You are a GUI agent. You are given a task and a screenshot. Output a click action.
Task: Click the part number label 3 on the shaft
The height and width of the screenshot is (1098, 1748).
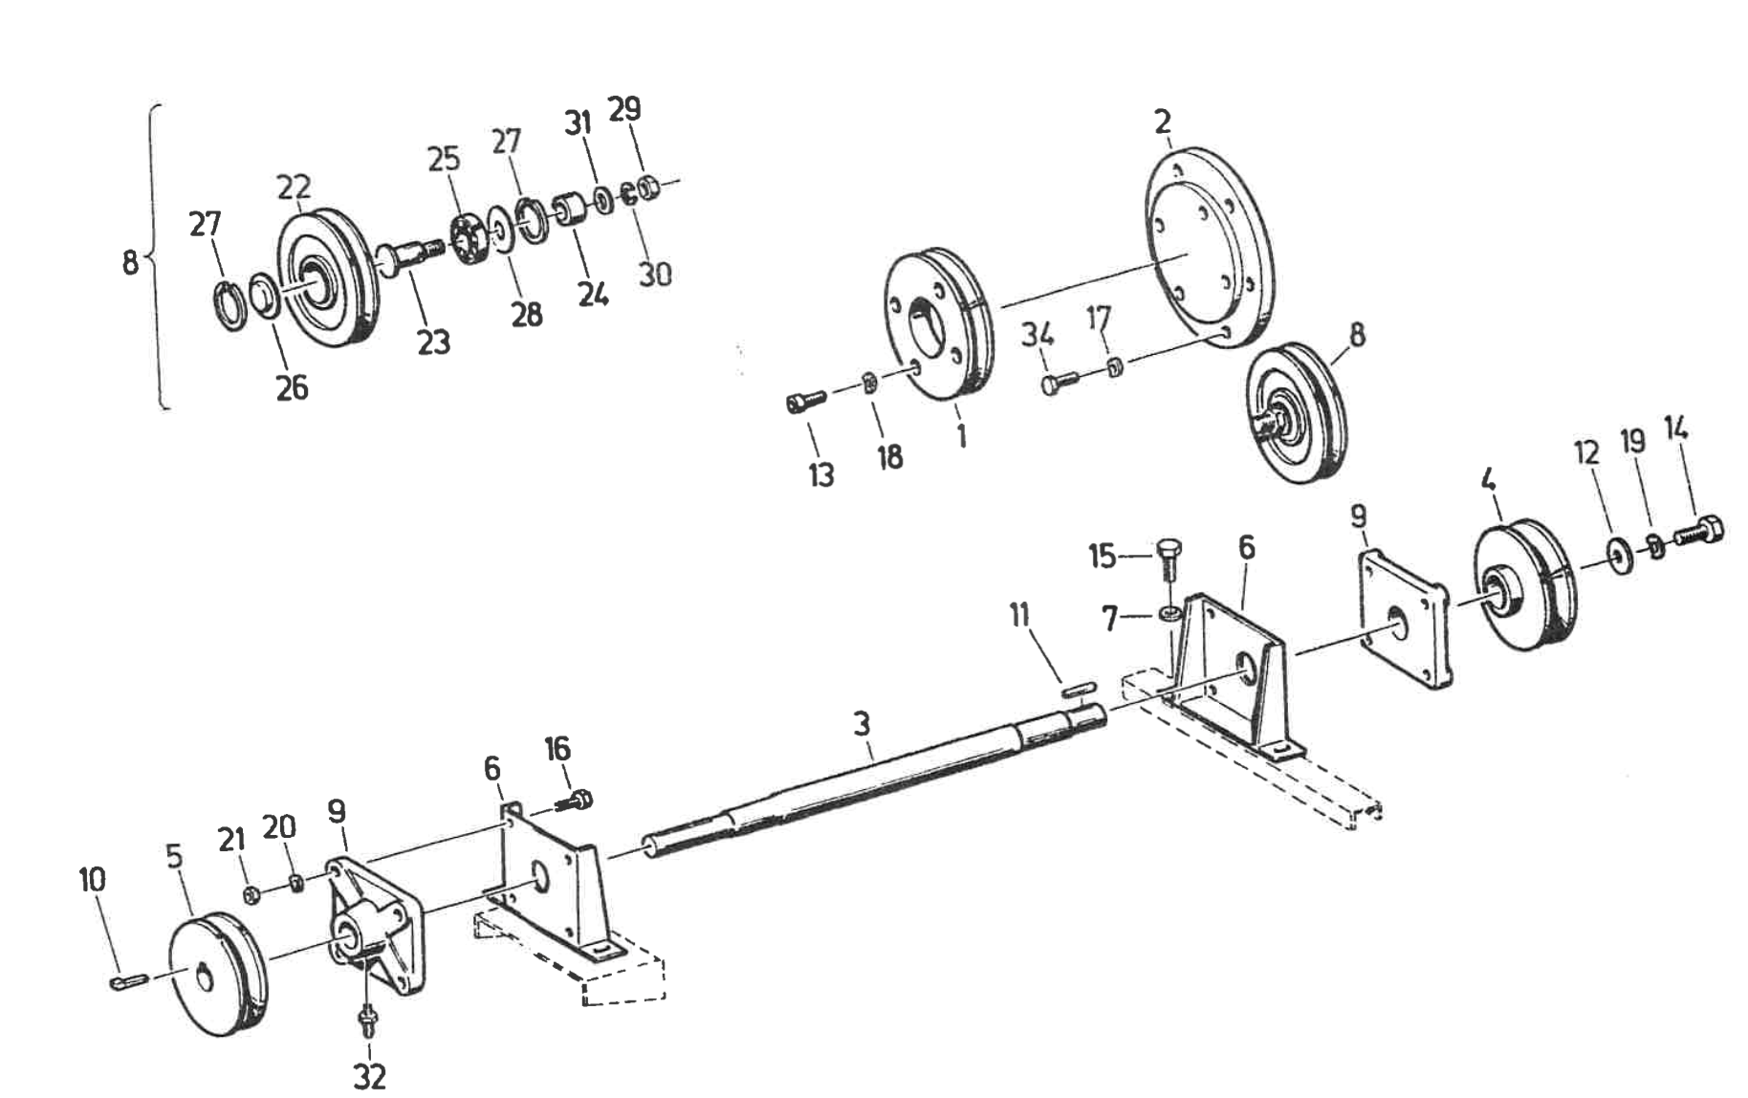862,724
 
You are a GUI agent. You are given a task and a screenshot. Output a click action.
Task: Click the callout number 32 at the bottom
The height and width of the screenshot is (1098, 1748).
369,1076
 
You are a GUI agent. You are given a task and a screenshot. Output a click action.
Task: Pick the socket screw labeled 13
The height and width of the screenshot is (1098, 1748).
805,403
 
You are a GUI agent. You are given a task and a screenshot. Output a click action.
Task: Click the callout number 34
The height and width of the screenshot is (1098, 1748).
1038,335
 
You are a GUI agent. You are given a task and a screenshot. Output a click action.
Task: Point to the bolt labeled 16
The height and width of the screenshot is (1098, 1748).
578,801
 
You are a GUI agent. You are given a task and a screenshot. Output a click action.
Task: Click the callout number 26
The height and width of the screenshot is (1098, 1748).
292,387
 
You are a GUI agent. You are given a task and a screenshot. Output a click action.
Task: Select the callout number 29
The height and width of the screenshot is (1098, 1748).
624,108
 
